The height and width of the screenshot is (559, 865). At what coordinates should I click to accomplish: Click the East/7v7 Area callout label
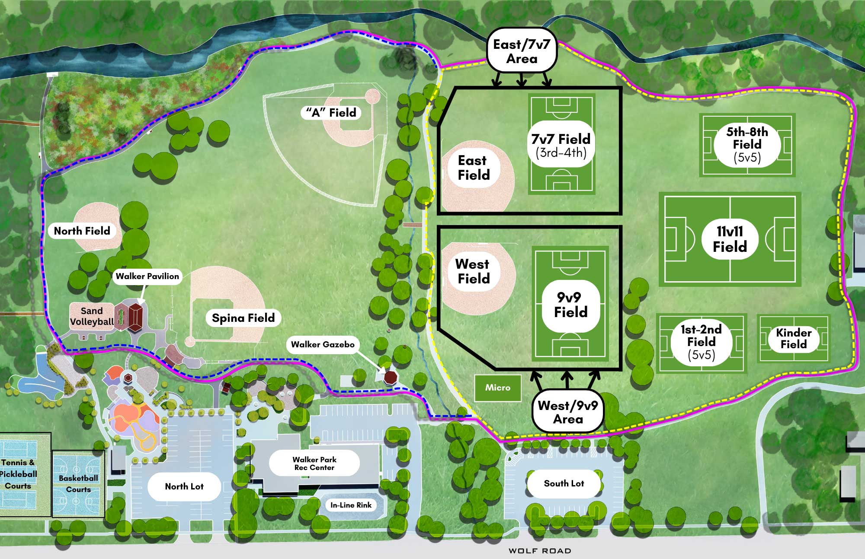pyautogui.click(x=522, y=51)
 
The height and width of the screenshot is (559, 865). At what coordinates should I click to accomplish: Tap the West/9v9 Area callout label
pyautogui.click(x=568, y=412)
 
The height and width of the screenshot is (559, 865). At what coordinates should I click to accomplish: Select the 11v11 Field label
pyautogui.click(x=730, y=239)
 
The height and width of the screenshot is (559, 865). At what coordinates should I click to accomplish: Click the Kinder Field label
pyautogui.click(x=794, y=338)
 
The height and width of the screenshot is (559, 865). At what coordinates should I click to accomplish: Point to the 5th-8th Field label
pyautogui.click(x=747, y=144)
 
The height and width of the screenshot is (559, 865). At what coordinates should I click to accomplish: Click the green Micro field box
pyautogui.click(x=497, y=388)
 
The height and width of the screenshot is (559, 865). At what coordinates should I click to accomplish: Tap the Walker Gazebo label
pyautogui.click(x=323, y=344)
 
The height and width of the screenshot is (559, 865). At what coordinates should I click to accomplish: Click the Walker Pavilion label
pyautogui.click(x=147, y=276)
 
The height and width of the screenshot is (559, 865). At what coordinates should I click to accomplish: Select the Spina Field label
pyautogui.click(x=243, y=318)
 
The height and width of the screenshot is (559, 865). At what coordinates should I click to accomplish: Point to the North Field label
pyautogui.click(x=82, y=231)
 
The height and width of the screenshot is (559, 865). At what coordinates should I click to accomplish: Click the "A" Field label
pyautogui.click(x=331, y=113)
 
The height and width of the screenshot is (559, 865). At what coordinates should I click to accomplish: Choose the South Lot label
pyautogui.click(x=564, y=483)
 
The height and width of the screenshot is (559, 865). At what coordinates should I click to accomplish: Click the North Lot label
pyautogui.click(x=184, y=486)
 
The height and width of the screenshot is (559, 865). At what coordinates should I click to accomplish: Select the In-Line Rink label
pyautogui.click(x=351, y=505)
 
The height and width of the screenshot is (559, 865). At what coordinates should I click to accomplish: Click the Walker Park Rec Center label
pyautogui.click(x=314, y=464)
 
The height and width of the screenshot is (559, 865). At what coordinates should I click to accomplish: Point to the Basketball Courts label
pyautogui.click(x=78, y=484)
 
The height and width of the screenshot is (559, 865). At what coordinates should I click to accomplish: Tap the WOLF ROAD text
pyautogui.click(x=540, y=551)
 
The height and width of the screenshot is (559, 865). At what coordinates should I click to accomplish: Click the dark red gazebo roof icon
pyautogui.click(x=391, y=378)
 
